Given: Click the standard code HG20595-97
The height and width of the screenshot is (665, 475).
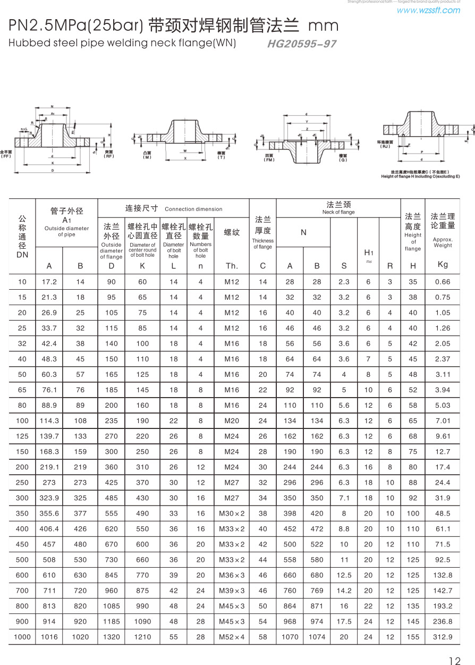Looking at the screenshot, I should click(x=302, y=44).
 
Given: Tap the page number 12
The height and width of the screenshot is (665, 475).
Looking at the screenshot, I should click(x=455, y=661).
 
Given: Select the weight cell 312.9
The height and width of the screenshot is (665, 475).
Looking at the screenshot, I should click(x=443, y=637).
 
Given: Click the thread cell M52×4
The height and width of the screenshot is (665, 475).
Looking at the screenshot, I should click(x=232, y=637).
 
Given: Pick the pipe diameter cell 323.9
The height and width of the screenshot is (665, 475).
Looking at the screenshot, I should click(x=49, y=498).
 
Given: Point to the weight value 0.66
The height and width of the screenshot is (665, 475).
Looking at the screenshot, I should click(x=443, y=282).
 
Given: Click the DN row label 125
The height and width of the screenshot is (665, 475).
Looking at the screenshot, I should click(x=22, y=436).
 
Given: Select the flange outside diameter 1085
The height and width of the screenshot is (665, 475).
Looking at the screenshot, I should click(x=112, y=606).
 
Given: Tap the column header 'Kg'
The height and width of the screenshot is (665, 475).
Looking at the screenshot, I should click(x=443, y=264).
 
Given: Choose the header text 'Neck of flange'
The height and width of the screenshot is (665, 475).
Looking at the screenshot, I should click(x=338, y=212).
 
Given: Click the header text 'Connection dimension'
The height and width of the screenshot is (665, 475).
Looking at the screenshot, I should click(x=193, y=209).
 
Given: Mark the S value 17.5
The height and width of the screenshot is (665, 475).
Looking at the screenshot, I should click(x=344, y=621).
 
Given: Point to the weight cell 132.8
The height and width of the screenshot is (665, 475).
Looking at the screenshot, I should click(x=443, y=575).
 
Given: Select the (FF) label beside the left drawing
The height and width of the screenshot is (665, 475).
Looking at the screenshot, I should click(x=6, y=156).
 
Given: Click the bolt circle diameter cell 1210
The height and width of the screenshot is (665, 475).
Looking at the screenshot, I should click(x=142, y=637).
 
